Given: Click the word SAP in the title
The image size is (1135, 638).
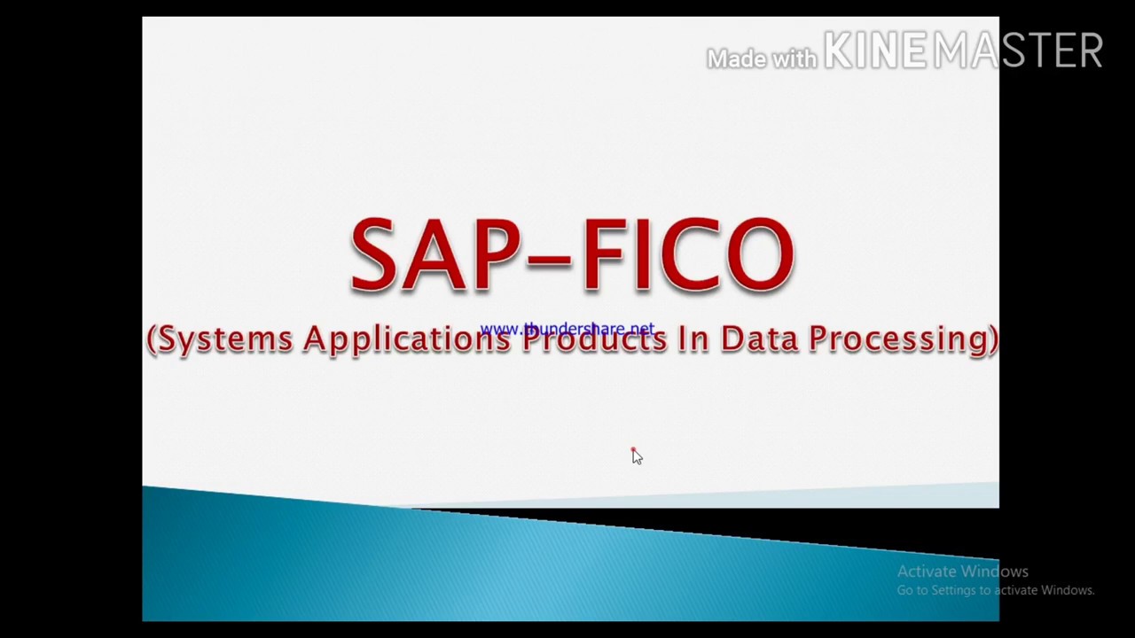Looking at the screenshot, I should pyautogui.click(x=431, y=255).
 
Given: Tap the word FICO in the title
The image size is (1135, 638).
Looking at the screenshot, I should pyautogui.click(x=687, y=255).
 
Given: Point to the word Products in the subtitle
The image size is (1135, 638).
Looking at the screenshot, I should pyautogui.click(x=593, y=339).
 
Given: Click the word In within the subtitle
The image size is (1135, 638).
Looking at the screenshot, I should pyautogui.click(x=693, y=338).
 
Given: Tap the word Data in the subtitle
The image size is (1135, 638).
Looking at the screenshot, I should pyautogui.click(x=758, y=338).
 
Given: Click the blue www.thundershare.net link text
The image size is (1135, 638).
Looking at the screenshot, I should pyautogui.click(x=567, y=330).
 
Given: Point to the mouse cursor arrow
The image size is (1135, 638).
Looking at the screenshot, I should pyautogui.click(x=636, y=455).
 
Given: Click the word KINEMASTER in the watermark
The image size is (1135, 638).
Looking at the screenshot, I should pyautogui.click(x=963, y=51).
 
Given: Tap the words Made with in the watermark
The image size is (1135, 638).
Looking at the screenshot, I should pyautogui.click(x=761, y=58).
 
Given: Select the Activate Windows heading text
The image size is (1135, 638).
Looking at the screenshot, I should pyautogui.click(x=962, y=572).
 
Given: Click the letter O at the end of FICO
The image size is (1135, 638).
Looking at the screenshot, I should pyautogui.click(x=759, y=255).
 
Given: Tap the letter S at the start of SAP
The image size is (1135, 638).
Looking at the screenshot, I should pyautogui.click(x=373, y=255).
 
